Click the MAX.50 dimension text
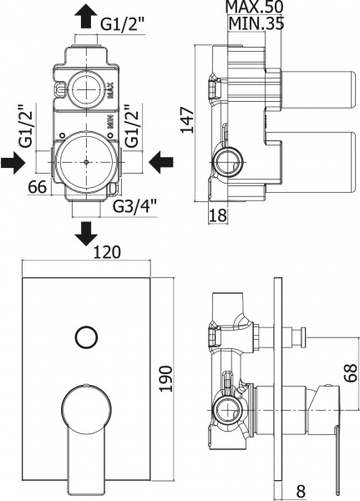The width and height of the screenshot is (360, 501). [x=254, y=8]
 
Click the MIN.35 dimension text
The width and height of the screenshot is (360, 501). [x=254, y=23]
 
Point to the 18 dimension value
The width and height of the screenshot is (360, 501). [x=217, y=215]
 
